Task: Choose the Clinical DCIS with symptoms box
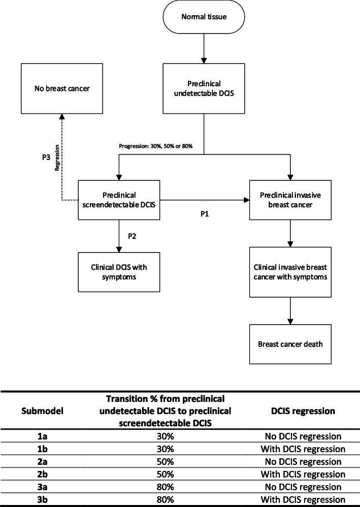point(118,269)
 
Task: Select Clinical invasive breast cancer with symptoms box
point(290,272)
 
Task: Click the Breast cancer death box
point(290,344)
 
